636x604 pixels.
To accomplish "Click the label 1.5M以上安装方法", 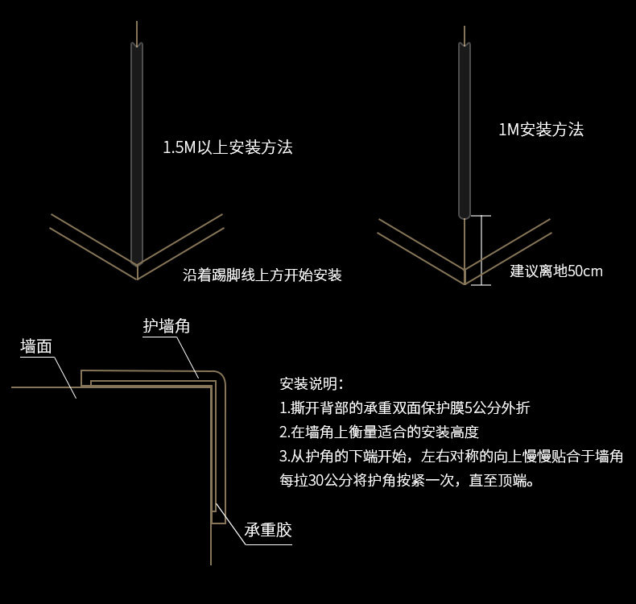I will pyautogui.click(x=227, y=147).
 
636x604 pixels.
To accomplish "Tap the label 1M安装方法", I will pyautogui.click(x=540, y=129).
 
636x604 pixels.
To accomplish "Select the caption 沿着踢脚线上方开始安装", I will pyautogui.click(x=262, y=275).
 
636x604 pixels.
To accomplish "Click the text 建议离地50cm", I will pyautogui.click(x=556, y=271).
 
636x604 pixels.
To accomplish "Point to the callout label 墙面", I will pyautogui.click(x=36, y=346).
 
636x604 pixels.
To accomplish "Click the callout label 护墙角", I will pyautogui.click(x=167, y=325).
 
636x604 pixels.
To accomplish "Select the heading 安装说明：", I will pyautogui.click(x=311, y=383).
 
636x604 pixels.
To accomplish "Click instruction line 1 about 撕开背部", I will pyautogui.click(x=405, y=407).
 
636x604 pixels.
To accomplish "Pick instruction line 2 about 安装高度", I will pyautogui.click(x=378, y=432).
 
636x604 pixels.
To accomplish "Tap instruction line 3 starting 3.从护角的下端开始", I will pyautogui.click(x=451, y=457).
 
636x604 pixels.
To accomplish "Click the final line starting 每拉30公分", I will pyautogui.click(x=406, y=482).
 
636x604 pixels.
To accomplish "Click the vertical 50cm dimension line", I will pyautogui.click(x=481, y=250).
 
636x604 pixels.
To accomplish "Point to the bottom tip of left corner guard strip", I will pyautogui.click(x=138, y=262).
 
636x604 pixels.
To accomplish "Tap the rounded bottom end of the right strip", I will pyautogui.click(x=465, y=214).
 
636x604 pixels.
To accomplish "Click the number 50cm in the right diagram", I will pyautogui.click(x=585, y=271).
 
